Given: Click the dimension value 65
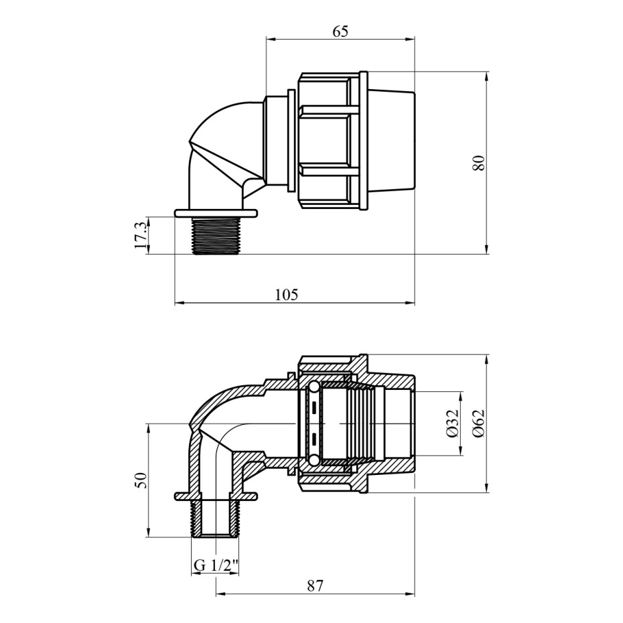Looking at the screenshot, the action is (340, 31).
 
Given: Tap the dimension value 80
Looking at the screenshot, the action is (480, 163).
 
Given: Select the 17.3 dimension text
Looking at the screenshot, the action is (140, 235).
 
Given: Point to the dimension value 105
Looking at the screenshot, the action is (286, 295).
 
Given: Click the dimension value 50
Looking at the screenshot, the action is (141, 480).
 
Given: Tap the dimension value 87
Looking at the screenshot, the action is (315, 585).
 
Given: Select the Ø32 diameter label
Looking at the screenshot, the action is (453, 423).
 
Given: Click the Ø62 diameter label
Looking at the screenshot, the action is (480, 423).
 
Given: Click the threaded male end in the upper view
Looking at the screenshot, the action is (215, 236).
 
